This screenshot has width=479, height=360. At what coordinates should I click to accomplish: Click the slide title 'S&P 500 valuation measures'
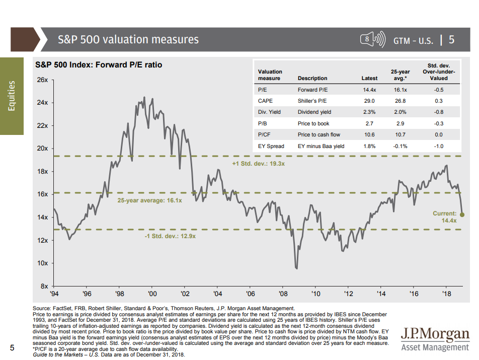[x=128, y=39]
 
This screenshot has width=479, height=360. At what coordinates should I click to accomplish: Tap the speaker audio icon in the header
[x=372, y=39]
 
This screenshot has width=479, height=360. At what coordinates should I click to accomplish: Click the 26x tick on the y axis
[x=42, y=80]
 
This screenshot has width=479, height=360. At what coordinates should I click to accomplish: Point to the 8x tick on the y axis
[x=44, y=286]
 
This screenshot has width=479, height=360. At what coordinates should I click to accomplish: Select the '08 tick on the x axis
[x=283, y=294]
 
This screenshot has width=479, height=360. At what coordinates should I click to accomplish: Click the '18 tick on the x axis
[x=446, y=294]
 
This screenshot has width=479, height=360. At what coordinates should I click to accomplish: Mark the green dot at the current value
[x=462, y=215]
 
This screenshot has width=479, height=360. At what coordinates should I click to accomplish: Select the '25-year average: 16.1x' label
[x=149, y=200]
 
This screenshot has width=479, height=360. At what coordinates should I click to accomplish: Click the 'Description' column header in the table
[x=312, y=79]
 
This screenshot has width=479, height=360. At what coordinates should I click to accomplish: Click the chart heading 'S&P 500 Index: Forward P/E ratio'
[x=98, y=65]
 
